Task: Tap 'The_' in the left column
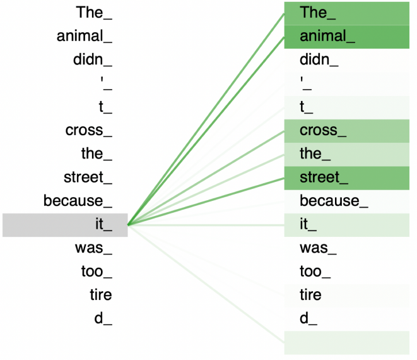pyautogui.click(x=94, y=13)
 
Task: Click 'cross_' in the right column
pyautogui.click(x=323, y=131)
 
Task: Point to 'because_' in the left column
pyautogui.click(x=78, y=201)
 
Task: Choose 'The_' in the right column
pyautogui.click(x=314, y=13)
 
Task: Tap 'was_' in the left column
pyautogui.click(x=93, y=248)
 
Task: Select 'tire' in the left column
pyautogui.click(x=100, y=295)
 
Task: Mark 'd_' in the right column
pyautogui.click(x=308, y=319)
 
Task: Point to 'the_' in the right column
pyautogui.click(x=315, y=154)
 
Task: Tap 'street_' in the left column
pyautogui.click(x=88, y=177)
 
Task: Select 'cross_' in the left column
pyautogui.click(x=89, y=131)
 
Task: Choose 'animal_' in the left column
pyautogui.click(x=85, y=37)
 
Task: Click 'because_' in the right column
pyautogui.click(x=334, y=201)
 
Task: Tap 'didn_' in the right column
pyautogui.click(x=319, y=60)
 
